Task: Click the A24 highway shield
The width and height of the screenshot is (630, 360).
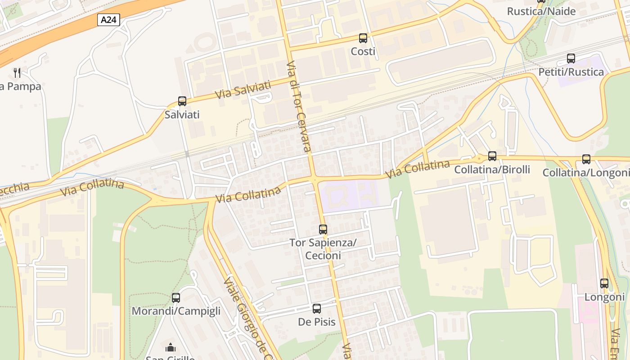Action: tap(108, 19)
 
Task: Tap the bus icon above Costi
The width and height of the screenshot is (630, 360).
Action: tap(363, 38)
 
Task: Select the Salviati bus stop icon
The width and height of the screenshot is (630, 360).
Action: tap(182, 101)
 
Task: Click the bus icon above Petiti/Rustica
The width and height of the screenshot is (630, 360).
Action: tap(571, 58)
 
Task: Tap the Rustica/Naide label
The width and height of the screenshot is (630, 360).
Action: tap(541, 11)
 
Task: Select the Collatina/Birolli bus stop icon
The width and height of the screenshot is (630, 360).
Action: tap(492, 156)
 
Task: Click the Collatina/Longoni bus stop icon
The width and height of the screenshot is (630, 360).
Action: tap(586, 159)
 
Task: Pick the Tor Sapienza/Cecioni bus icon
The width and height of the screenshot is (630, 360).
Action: tap(323, 229)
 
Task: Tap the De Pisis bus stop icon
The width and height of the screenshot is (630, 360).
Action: tap(317, 309)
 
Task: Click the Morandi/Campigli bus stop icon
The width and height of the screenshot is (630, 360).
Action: tap(176, 297)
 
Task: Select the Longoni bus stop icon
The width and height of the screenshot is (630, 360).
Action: tap(604, 283)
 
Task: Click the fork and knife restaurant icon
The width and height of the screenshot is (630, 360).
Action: tap(17, 72)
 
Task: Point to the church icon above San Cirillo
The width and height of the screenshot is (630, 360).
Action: tap(171, 347)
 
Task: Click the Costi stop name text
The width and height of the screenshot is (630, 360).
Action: tap(363, 52)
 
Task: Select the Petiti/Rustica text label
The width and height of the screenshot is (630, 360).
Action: tap(571, 72)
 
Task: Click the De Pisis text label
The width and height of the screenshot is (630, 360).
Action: tap(317, 322)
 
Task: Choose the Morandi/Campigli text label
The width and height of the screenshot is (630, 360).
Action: tap(176, 311)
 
